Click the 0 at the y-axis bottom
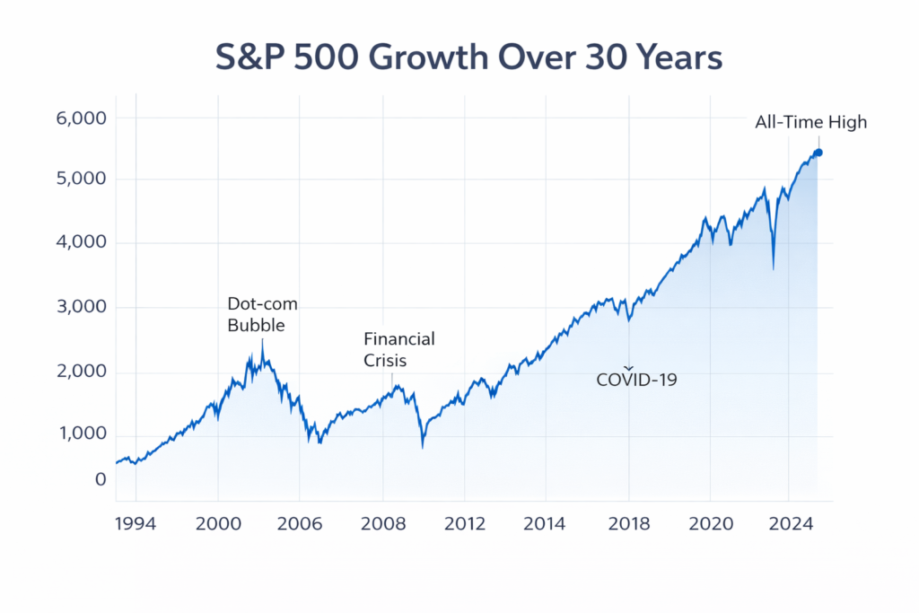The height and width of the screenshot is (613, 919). coord(101,480)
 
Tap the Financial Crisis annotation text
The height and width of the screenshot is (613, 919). coord(398,350)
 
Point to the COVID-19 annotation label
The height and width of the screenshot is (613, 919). coord(636,380)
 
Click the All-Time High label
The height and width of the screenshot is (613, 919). coord(811,122)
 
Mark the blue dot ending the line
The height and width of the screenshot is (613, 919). coord(818,153)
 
